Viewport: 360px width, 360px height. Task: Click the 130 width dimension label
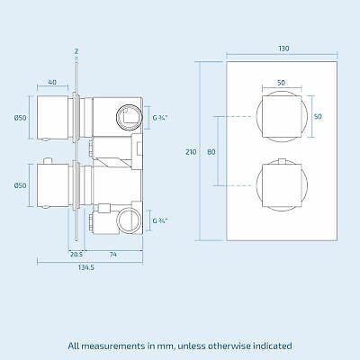point(283,49)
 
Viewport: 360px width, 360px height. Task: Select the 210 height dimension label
point(191,152)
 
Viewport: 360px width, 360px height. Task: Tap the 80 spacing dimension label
point(211,152)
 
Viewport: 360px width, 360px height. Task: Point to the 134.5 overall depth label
point(86,267)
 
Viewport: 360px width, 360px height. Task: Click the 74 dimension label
point(112,255)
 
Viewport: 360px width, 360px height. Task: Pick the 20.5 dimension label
point(76,255)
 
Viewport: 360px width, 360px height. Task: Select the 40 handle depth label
point(52,82)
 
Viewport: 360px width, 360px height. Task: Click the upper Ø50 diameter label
point(21,118)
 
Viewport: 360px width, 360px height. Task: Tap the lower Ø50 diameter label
point(21,185)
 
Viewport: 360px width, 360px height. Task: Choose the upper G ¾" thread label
point(160,118)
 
